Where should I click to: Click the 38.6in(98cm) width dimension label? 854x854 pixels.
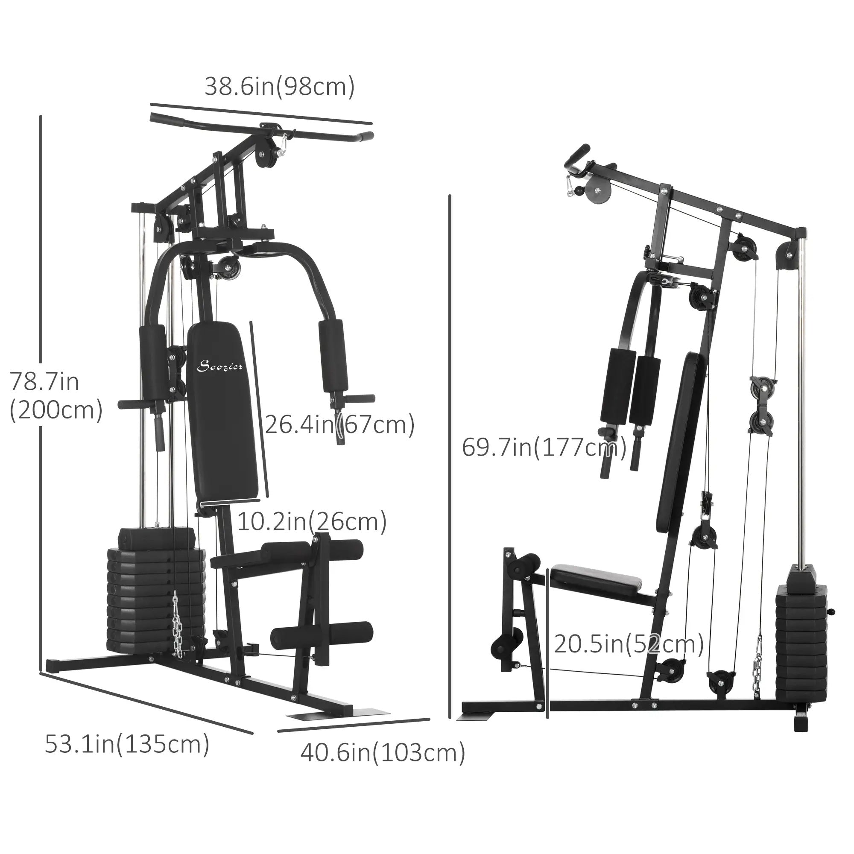tap(279, 87)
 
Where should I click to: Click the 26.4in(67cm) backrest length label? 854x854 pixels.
tap(339, 425)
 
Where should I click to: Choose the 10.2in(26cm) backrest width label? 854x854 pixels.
tap(312, 522)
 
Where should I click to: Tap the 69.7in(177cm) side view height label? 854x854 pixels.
tap(544, 448)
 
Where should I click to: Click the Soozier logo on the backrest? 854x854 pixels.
tap(219, 366)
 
